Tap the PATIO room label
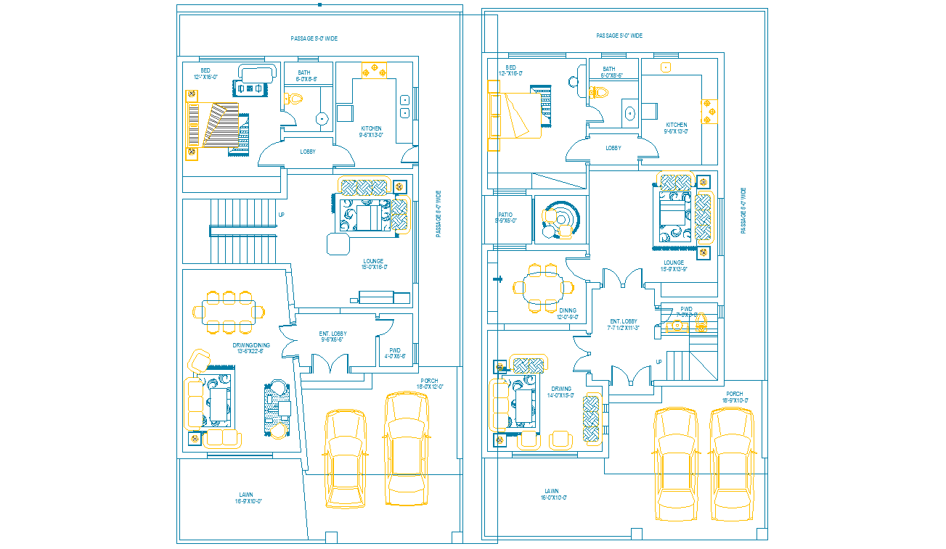click(505, 218)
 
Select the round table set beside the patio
click(559, 220)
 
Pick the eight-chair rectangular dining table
click(228, 313)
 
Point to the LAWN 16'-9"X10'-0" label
click(247, 498)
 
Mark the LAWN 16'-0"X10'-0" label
click(552, 494)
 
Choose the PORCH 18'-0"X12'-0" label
click(429, 384)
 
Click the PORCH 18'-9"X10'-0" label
click(735, 397)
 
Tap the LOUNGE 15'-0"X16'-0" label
click(373, 264)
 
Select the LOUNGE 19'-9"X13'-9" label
click(673, 265)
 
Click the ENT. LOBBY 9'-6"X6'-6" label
click(333, 337)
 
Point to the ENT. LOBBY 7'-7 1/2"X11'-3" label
click(624, 324)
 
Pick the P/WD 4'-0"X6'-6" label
click(395, 353)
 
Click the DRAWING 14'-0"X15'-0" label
click(561, 392)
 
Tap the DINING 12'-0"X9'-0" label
click(567, 313)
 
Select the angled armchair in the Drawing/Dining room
click(199, 360)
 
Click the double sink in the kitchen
click(404, 106)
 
